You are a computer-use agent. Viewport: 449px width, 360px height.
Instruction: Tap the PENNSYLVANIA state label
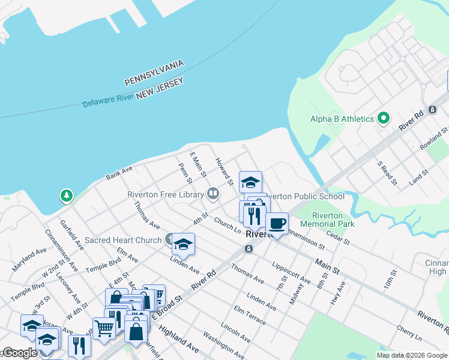point(154,73)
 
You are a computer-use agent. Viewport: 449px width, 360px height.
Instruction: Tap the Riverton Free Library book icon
point(212,193)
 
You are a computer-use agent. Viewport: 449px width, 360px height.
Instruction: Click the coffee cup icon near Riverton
point(276,223)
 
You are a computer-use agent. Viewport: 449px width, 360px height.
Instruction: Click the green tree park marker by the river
point(66,196)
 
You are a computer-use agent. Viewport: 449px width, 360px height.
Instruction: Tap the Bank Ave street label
point(119,173)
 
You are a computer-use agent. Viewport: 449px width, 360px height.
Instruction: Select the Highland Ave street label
point(179,340)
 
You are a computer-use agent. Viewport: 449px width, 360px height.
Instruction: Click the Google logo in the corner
point(20,353)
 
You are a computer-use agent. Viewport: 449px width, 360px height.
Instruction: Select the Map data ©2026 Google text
point(412,355)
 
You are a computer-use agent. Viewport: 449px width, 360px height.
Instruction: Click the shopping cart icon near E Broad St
point(104,328)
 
